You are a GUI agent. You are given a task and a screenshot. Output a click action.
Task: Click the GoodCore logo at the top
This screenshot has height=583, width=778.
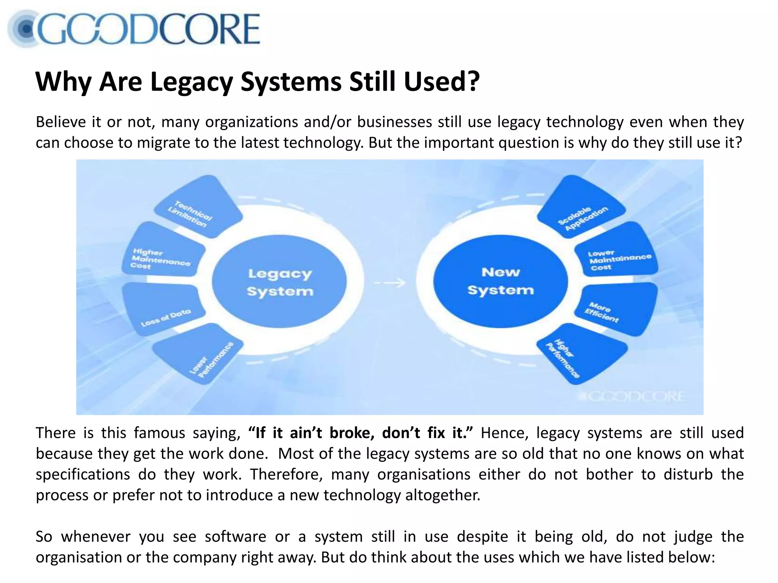pyautogui.click(x=134, y=29)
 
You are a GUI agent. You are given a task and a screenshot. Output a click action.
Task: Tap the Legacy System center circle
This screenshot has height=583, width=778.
pyautogui.click(x=280, y=282)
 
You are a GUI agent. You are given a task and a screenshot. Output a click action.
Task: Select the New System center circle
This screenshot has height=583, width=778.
pyautogui.click(x=500, y=281)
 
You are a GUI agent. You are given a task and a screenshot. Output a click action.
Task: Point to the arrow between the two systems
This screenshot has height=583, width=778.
pyautogui.click(x=390, y=283)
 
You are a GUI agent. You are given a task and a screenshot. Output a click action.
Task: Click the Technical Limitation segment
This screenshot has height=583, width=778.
pyautogui.click(x=197, y=208)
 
